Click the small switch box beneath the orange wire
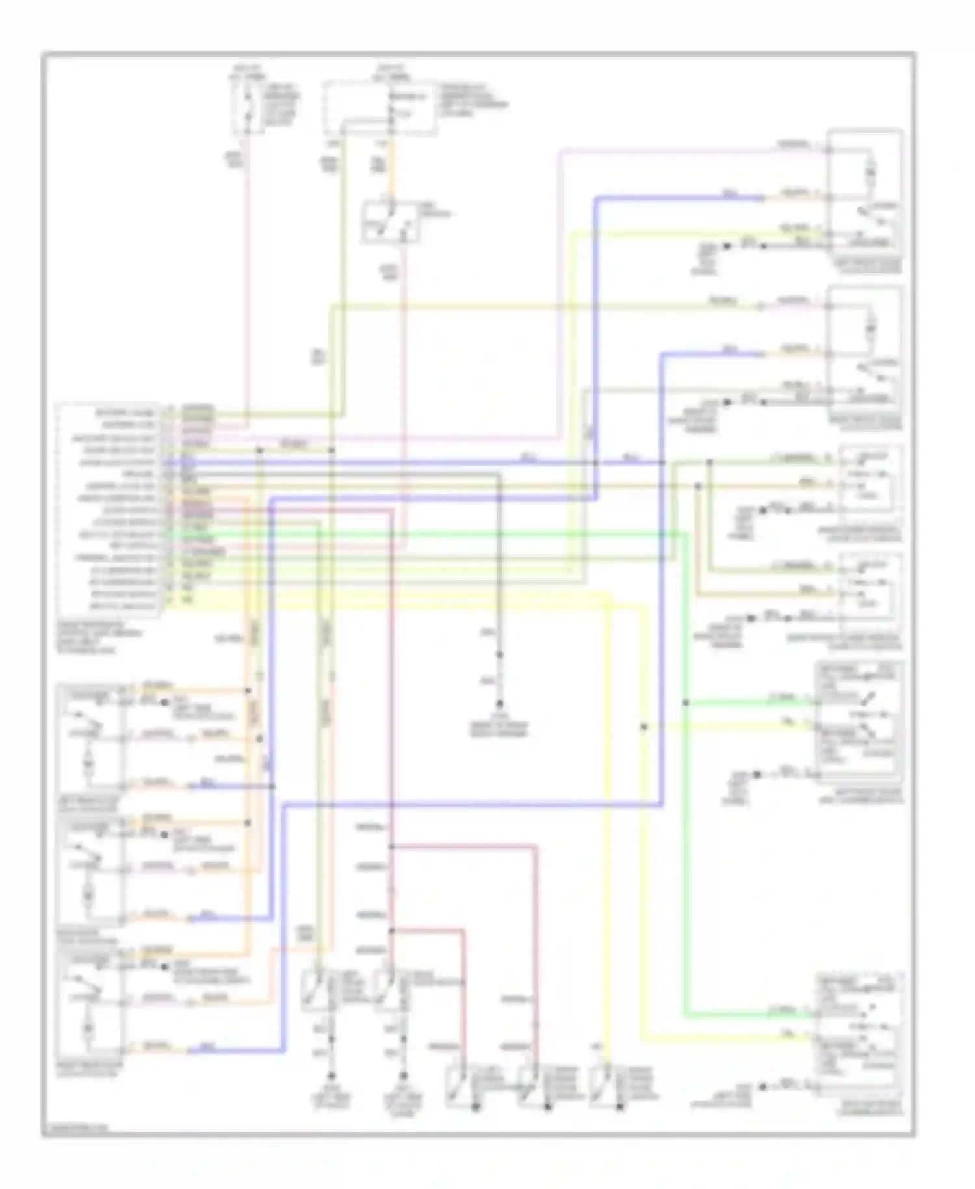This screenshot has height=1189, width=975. [x=390, y=223]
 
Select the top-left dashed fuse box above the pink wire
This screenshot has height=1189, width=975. [x=249, y=108]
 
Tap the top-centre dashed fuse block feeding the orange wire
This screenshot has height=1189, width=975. [x=380, y=108]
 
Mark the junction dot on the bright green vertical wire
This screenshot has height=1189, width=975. [x=686, y=703]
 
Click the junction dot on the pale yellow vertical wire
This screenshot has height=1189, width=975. [x=643, y=727]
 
